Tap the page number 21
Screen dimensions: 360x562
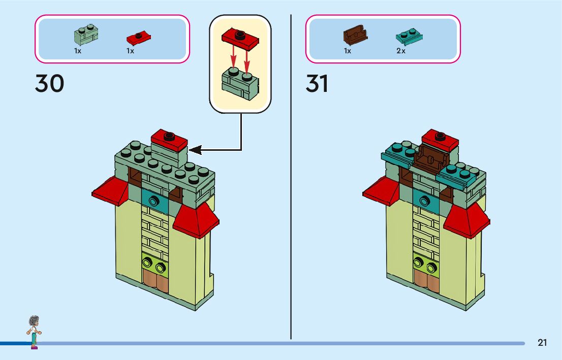tap(542, 343)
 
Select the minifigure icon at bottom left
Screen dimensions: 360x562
tap(34, 332)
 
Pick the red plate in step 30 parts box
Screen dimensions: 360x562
tap(139, 37)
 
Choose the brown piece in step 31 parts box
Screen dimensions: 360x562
tap(355, 36)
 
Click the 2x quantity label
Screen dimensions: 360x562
tap(401, 51)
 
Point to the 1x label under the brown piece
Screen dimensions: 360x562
tap(348, 51)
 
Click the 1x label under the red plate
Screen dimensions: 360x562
tap(130, 51)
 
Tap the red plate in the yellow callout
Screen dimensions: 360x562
tap(240, 38)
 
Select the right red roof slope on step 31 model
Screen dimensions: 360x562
tap(466, 220)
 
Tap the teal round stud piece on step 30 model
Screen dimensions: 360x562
tap(152, 201)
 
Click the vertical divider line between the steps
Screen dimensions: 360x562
tap(291, 178)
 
